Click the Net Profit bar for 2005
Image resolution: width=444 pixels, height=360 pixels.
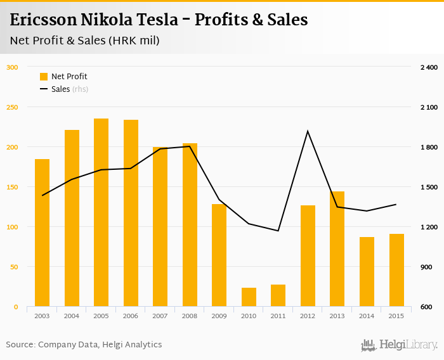pos(101,212)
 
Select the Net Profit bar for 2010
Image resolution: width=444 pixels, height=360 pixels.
pos(249,297)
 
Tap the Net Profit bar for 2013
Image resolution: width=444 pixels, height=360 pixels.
pos(337,249)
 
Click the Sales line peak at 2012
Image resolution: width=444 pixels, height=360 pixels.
pos(308,131)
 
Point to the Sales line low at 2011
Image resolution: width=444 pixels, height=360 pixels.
pos(278,231)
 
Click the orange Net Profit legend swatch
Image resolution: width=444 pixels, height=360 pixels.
pos(44,77)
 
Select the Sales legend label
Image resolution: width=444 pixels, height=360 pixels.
pos(61,89)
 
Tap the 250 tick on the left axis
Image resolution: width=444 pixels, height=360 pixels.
pos(12,107)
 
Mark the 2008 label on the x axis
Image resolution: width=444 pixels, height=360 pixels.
pos(190,316)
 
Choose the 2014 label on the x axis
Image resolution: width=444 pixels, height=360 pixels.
pos(367,316)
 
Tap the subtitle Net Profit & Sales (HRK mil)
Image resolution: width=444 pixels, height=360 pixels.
pos(84,41)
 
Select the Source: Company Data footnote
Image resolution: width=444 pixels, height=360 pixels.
pos(84,345)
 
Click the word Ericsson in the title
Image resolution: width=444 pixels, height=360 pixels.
pos(42,20)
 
